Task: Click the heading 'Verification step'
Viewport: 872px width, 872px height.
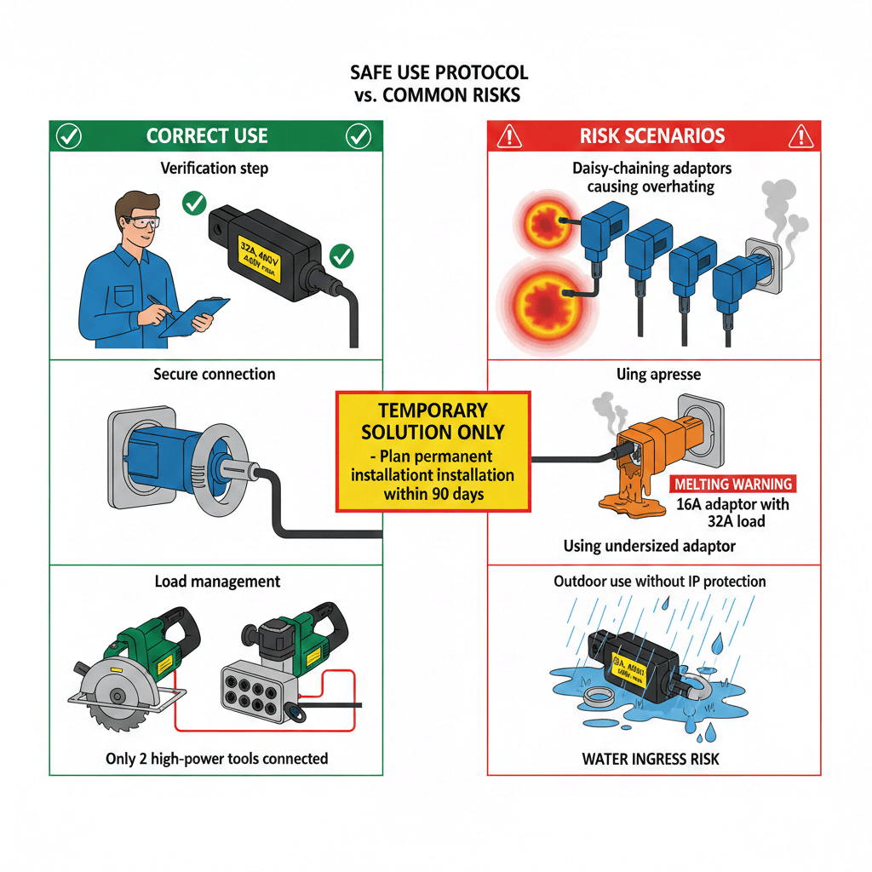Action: coord(215,168)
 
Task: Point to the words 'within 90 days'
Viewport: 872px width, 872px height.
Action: coord(433,493)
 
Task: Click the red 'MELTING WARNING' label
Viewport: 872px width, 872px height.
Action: coord(732,484)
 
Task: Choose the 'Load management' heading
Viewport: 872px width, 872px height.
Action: coord(217,582)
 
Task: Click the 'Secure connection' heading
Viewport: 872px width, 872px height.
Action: coord(215,374)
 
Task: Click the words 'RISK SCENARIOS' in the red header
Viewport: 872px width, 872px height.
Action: coord(652,136)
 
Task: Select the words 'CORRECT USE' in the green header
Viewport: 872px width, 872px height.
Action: coord(207,136)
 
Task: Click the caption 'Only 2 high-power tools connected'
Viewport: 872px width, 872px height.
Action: coord(216,758)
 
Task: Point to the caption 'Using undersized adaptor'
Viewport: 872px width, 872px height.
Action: coord(649,546)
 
